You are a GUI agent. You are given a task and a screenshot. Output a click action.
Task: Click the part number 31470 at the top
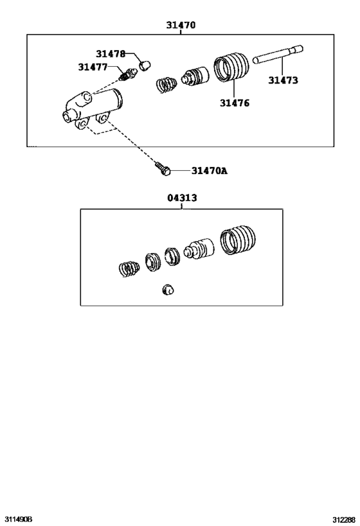pyautogui.click(x=181, y=25)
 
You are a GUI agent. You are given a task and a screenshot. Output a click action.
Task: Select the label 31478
pyautogui.click(x=111, y=54)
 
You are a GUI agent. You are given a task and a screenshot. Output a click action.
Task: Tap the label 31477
pyautogui.click(x=93, y=67)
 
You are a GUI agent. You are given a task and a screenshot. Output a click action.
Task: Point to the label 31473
pyautogui.click(x=283, y=80)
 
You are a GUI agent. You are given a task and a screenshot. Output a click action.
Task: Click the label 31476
pyautogui.click(x=235, y=103)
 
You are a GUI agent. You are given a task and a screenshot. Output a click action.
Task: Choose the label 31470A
pyautogui.click(x=209, y=171)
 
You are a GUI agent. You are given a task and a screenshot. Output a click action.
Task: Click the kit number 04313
pyautogui.click(x=182, y=198)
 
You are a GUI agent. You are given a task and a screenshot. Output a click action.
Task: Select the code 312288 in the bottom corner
pyautogui.click(x=344, y=520)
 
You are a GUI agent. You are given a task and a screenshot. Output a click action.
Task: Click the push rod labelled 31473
pyautogui.click(x=278, y=55)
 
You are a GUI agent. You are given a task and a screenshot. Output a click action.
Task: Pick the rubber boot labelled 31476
pyautogui.click(x=231, y=67)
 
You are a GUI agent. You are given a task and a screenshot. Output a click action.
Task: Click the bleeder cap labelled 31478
pyautogui.click(x=145, y=66)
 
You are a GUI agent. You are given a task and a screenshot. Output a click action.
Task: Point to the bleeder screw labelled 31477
pyautogui.click(x=128, y=75)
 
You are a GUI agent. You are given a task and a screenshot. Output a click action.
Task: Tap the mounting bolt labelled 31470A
pyautogui.click(x=163, y=168)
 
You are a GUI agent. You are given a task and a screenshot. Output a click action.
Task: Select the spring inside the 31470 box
pyautogui.click(x=166, y=85)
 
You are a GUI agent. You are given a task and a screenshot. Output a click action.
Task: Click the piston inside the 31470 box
pyautogui.click(x=195, y=76)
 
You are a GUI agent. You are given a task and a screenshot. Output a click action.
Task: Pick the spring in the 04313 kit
pyautogui.click(x=129, y=269)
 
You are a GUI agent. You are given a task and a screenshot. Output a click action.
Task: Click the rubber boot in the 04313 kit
pyautogui.click(x=238, y=240)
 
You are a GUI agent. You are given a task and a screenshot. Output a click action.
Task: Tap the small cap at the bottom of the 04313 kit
pyautogui.click(x=168, y=290)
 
